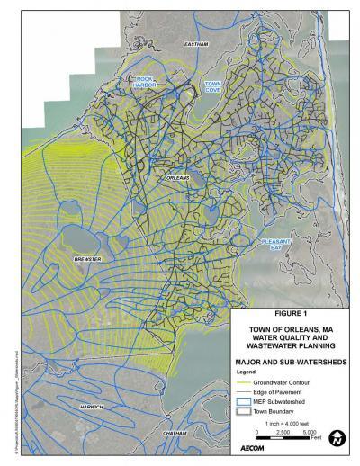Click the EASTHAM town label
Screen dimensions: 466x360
(195, 44)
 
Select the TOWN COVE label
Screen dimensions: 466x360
(212, 86)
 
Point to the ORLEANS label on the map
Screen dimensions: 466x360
(178, 179)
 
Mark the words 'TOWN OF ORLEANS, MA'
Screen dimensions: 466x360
(291, 330)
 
